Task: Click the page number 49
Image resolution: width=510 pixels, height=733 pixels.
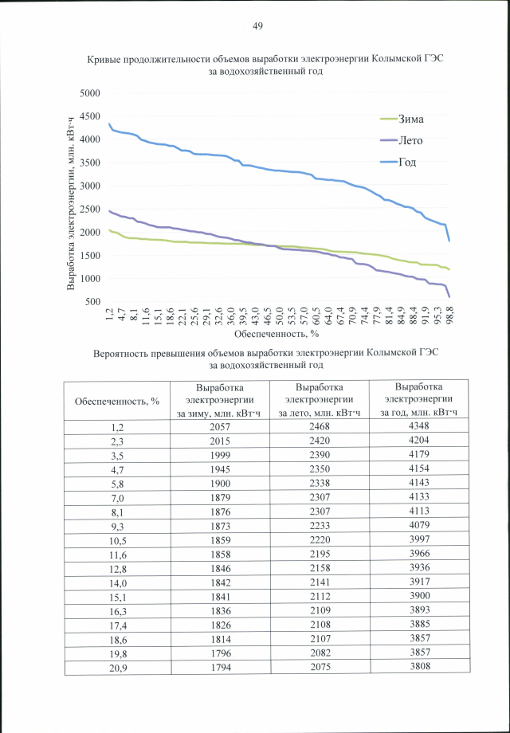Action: pyautogui.click(x=257, y=26)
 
